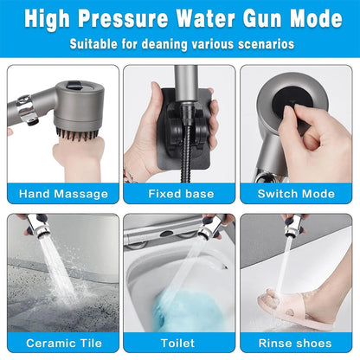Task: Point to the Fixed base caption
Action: click(179, 194)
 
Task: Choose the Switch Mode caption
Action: click(297, 194)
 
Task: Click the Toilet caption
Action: click(179, 343)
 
